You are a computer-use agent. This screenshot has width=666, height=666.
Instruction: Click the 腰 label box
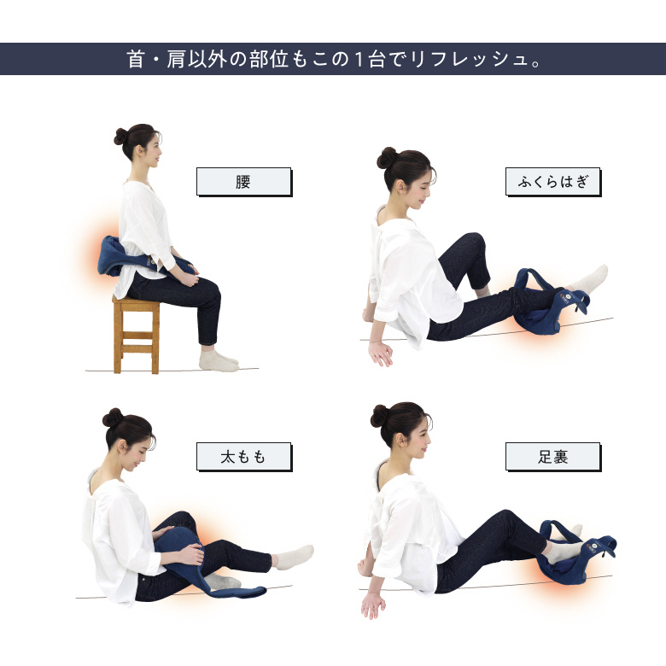pos(244,182)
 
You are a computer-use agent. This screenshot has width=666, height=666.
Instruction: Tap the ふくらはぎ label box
pos(553,182)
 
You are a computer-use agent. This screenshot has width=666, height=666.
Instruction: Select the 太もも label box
pos(244,457)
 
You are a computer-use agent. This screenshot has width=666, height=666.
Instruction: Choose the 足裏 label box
pos(553,457)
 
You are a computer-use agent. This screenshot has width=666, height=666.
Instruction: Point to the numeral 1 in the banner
pos(359,59)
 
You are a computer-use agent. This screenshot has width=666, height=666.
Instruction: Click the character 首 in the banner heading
pos(136,59)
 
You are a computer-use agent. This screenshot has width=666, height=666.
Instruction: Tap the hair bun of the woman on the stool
pos(120,137)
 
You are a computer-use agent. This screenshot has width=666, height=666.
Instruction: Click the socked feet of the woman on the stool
pos(218,361)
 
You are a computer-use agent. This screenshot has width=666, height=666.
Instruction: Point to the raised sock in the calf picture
pos(589,278)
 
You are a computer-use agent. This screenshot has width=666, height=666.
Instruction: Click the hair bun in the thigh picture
pos(113,418)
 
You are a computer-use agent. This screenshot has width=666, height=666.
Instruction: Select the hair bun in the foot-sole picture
pos(379,416)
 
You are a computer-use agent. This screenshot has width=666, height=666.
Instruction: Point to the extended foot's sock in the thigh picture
pos(294,557)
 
